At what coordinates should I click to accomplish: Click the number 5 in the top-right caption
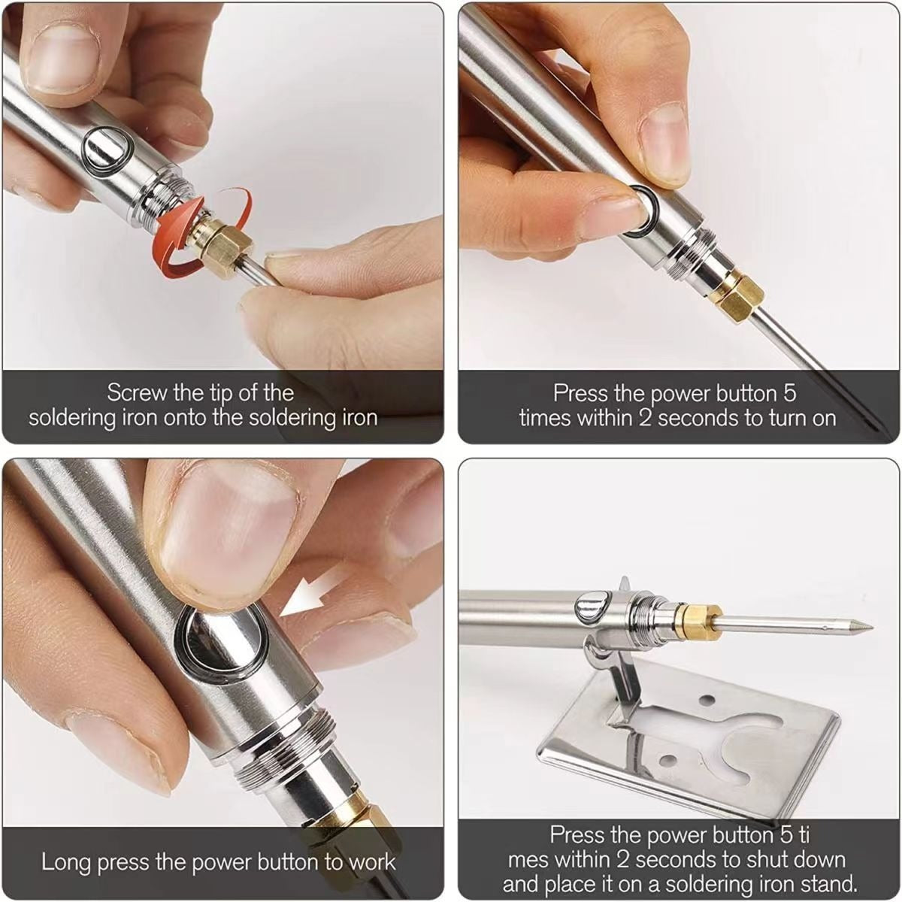[x=788, y=392]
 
